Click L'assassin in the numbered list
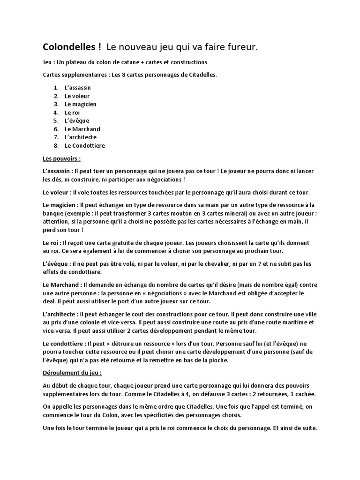pos(78,88)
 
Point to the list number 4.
pos(56,112)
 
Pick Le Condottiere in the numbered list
pos(85,145)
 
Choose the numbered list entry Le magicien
pos(81,104)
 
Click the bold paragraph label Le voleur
pos(57,192)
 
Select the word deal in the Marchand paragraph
pos(50,301)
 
